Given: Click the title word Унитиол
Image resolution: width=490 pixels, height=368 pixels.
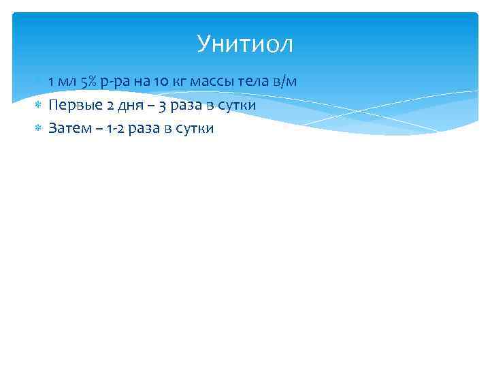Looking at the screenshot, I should point(245,44).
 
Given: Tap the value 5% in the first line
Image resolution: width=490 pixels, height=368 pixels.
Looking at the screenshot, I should point(88,82).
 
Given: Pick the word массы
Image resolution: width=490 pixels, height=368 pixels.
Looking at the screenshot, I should point(212,82).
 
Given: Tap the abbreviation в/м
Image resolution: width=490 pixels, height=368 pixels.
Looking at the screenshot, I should point(285,82).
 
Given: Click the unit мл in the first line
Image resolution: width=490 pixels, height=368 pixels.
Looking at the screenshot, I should point(67,82).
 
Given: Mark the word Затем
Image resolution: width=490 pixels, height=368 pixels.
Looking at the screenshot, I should point(68,128).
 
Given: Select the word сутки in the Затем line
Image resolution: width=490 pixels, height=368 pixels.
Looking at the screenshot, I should point(194,128).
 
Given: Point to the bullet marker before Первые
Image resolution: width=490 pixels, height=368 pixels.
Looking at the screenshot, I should point(39,105).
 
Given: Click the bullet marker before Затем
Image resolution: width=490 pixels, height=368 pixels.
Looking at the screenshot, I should point(39,128).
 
